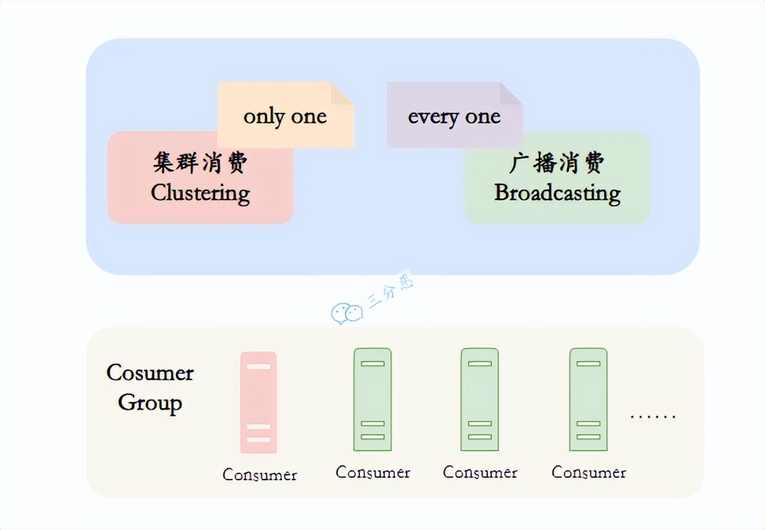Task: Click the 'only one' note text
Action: pyautogui.click(x=285, y=117)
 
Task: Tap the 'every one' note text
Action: pyautogui.click(x=454, y=117)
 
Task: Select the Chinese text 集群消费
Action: pyautogui.click(x=200, y=163)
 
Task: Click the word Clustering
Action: pyautogui.click(x=200, y=193)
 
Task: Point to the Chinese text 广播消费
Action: pyautogui.click(x=556, y=163)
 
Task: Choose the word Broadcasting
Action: pyautogui.click(x=557, y=193)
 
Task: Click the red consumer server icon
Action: pyautogui.click(x=258, y=402)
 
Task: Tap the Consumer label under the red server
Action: pyautogui.click(x=260, y=475)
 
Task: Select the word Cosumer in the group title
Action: pyautogui.click(x=150, y=373)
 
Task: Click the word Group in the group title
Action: pyautogui.click(x=150, y=403)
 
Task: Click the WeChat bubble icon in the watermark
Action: pyautogui.click(x=346, y=313)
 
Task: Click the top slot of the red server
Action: pyautogui.click(x=258, y=367)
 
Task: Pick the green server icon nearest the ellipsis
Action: pyautogui.click(x=588, y=399)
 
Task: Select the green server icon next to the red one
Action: pyautogui.click(x=373, y=399)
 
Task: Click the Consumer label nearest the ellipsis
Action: pyautogui.click(x=589, y=473)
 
